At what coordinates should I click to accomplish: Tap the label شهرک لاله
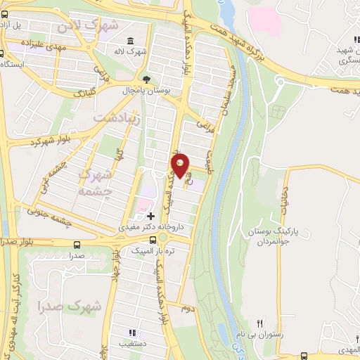point(131,51)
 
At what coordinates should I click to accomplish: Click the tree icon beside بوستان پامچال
point(146,79)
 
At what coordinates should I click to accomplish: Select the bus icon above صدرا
point(76,245)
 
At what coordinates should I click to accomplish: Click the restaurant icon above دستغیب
point(130,333)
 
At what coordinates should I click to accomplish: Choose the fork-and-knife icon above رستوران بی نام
point(260,324)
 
